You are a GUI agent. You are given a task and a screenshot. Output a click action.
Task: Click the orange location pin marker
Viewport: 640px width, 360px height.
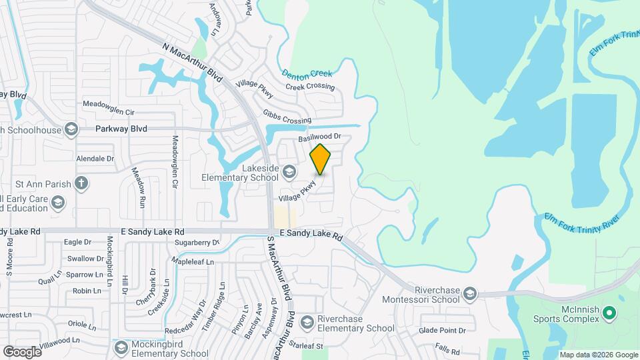pos(321,159)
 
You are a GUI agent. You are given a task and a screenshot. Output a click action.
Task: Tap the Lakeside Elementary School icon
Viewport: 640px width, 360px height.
pos(289,173)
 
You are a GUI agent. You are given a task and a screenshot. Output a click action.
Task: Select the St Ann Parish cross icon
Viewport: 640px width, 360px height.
pos(81,183)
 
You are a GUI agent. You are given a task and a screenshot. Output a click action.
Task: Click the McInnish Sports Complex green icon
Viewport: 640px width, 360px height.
pos(609,312)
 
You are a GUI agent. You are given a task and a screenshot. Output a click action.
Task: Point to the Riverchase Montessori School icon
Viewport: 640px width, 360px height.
pos(470,294)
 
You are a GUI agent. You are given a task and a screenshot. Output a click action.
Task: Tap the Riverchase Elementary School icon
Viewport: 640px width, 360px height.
pos(307,323)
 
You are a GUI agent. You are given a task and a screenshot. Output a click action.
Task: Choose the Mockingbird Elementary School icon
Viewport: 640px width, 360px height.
pos(121,348)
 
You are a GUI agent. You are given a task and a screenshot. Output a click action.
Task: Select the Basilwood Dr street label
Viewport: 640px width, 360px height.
pos(319,137)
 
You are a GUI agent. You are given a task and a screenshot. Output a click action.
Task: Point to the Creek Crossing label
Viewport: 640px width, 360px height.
pos(310,87)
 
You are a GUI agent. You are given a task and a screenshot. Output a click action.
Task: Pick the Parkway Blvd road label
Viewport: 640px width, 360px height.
pos(121,129)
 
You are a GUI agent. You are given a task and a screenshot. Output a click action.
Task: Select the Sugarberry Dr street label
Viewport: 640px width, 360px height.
pos(197,243)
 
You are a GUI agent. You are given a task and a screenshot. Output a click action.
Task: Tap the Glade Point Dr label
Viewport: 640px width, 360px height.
pos(442,330)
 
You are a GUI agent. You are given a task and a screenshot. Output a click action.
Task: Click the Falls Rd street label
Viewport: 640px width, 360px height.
pos(447,351)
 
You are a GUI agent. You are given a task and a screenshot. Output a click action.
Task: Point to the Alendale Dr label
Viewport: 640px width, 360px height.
pos(95,159)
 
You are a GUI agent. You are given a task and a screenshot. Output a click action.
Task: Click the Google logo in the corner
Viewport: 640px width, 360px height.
pos(22,351)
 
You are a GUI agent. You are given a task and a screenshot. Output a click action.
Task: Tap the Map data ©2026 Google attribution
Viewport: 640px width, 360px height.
pos(598,355)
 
